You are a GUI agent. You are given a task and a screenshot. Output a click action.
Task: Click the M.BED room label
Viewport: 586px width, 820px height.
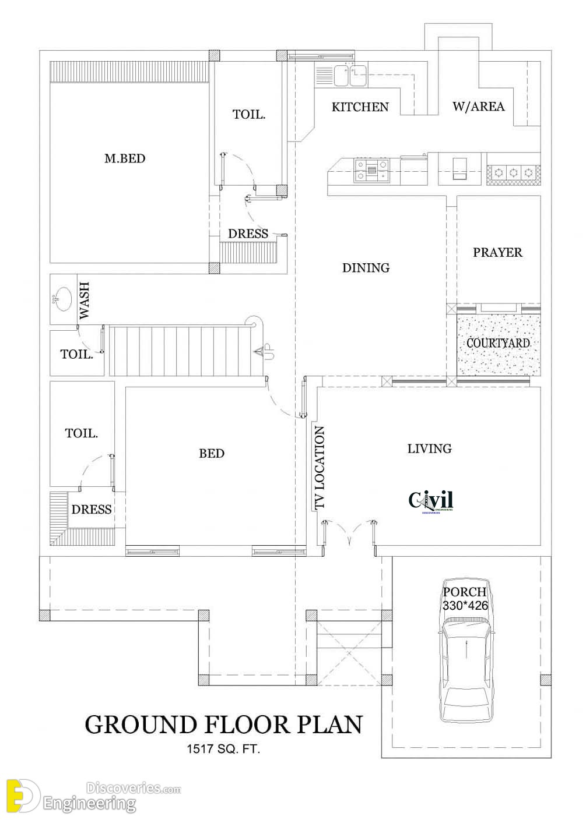[125, 158]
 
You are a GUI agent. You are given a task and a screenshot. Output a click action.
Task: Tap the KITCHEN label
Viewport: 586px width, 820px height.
[360, 107]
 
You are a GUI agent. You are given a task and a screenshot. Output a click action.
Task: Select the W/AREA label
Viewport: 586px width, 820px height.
[478, 107]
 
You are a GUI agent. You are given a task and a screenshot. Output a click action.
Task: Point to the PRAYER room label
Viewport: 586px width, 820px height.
[497, 252]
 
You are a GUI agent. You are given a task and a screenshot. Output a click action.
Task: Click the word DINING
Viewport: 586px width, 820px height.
[366, 268]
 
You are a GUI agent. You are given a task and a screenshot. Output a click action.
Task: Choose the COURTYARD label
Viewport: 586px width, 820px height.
[498, 343]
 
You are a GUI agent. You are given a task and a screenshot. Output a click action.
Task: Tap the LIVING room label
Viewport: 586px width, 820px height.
[430, 448]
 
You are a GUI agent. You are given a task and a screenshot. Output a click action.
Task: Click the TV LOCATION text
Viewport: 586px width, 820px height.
[320, 467]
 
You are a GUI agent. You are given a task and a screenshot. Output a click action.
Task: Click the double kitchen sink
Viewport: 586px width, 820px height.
[350, 75]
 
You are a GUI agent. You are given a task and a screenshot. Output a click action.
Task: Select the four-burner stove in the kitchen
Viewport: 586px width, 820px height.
[371, 170]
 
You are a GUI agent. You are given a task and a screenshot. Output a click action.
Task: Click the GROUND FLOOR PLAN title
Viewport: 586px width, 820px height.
[223, 724]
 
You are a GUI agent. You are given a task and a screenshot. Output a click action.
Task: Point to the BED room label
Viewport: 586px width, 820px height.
[212, 454]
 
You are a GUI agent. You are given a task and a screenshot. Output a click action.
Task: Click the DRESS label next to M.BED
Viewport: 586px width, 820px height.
[248, 234]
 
